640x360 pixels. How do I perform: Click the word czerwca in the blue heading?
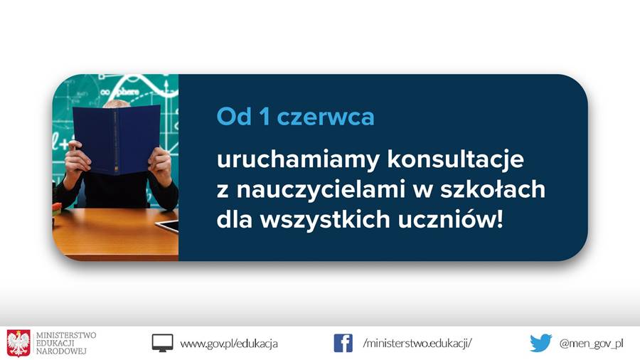click(325, 117)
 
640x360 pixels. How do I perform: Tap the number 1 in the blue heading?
click(265, 116)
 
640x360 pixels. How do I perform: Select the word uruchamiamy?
click(299, 159)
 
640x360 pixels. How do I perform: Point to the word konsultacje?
click(455, 159)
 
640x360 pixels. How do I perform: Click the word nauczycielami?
click(322, 189)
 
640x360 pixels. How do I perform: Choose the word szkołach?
click(493, 189)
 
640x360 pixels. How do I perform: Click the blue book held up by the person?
click(117, 139)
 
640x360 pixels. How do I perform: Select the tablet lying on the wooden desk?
click(167, 226)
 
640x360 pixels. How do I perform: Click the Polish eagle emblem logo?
click(18, 343)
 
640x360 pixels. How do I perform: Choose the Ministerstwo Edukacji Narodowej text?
click(66, 343)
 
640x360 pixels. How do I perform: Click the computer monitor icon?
click(162, 343)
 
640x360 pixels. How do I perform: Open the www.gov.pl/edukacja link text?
click(228, 344)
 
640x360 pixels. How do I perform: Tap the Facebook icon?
click(343, 343)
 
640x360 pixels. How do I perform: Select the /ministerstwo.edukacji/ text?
click(417, 343)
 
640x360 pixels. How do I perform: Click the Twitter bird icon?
click(541, 343)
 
